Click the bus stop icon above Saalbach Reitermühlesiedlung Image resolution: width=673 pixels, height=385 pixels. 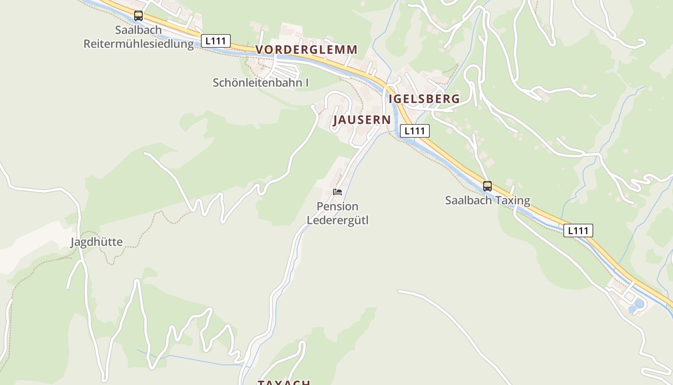(138, 16)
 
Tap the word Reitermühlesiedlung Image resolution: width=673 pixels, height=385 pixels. (138, 44)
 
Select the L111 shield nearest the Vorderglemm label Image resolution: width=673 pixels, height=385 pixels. (215, 41)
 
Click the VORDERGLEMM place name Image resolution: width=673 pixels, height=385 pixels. (306, 50)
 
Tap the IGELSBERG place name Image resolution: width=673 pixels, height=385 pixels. (424, 99)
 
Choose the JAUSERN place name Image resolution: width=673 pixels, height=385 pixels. (362, 120)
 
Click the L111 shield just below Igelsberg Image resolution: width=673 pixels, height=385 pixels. (414, 131)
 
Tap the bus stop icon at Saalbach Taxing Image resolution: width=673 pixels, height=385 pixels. (487, 186)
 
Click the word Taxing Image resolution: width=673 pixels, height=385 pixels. (512, 201)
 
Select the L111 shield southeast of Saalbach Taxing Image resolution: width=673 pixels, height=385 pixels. (578, 231)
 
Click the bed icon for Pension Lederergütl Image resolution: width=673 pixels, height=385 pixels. (337, 192)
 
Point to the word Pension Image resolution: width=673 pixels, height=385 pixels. (337, 206)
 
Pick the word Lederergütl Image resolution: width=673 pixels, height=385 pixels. (337, 221)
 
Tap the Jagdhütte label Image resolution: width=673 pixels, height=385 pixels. (97, 242)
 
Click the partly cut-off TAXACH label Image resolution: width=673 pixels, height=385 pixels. (284, 383)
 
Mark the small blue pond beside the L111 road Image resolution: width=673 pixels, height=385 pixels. (639, 304)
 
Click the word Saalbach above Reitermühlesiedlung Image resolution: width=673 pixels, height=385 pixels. (138, 30)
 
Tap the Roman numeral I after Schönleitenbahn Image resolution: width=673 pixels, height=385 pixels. (307, 83)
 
